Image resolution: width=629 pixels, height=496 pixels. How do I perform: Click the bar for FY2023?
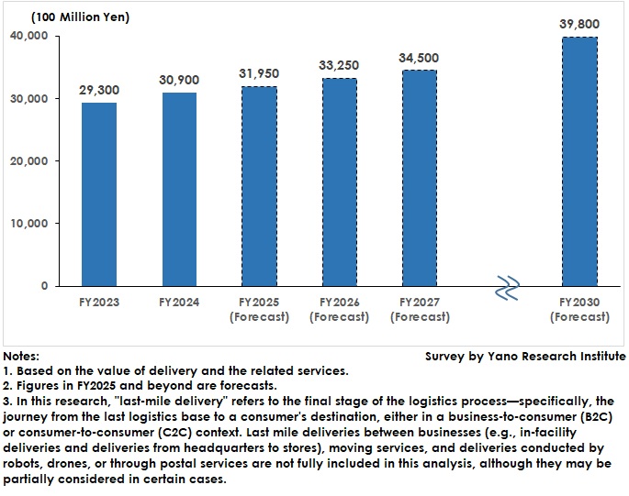tap(99, 193)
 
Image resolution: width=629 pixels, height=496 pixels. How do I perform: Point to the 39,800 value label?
tap(578, 24)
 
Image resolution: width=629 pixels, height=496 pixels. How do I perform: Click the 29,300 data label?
tap(99, 90)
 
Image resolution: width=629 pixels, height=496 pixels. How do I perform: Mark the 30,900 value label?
tap(178, 80)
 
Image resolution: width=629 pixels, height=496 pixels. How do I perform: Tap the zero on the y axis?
tap(42, 285)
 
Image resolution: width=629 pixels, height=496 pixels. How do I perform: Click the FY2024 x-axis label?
tap(178, 302)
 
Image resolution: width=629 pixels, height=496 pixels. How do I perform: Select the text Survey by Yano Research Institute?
tap(525, 356)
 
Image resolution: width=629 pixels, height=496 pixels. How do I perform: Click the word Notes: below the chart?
tap(21, 356)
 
